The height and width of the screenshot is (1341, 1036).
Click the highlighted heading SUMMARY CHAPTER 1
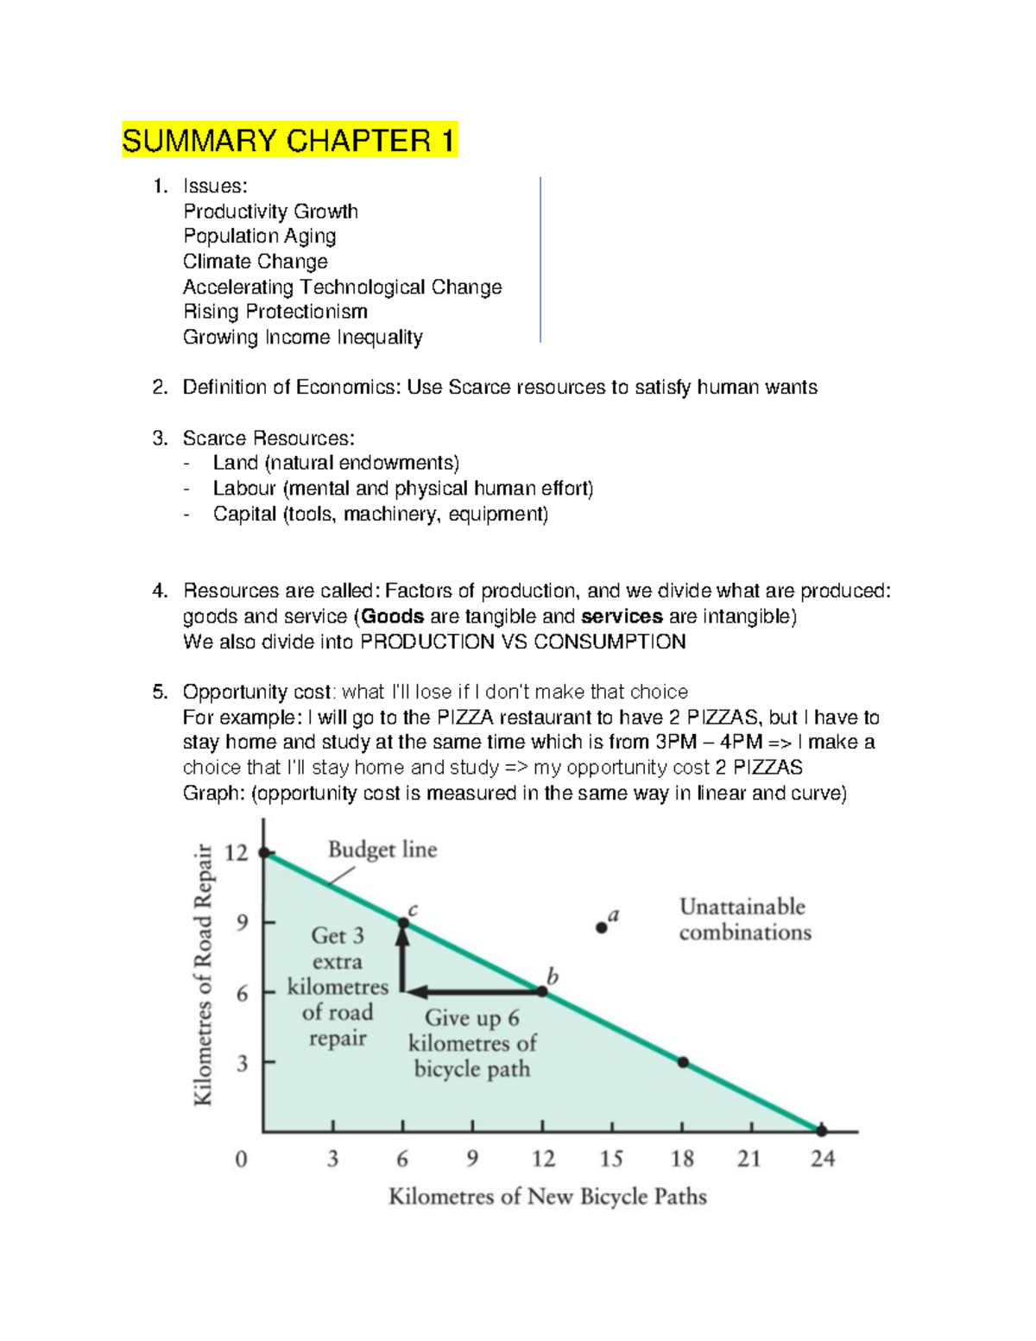click(x=289, y=141)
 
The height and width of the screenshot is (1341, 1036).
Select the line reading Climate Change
click(x=256, y=262)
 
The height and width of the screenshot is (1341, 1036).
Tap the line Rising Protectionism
click(x=275, y=312)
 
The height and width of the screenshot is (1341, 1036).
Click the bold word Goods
click(x=393, y=617)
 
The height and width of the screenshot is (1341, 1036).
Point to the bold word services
click(x=622, y=617)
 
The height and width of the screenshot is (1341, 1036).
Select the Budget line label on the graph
click(x=382, y=850)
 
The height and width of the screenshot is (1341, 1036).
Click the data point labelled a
click(x=602, y=927)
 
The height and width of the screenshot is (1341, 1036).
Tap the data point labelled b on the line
click(x=543, y=991)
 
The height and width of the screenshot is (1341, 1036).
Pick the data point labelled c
click(x=403, y=923)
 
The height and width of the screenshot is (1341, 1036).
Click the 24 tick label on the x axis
click(x=822, y=1159)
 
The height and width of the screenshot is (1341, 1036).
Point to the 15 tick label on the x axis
click(x=611, y=1159)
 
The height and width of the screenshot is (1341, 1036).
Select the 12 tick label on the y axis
click(x=237, y=853)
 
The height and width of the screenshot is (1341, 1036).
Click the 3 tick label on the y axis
click(x=243, y=1063)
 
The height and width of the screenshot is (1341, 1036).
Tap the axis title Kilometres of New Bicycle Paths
click(x=547, y=1197)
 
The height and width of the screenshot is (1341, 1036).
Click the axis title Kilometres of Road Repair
click(x=203, y=974)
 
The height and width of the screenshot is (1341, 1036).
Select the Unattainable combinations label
click(x=744, y=920)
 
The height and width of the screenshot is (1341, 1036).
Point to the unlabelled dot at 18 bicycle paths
click(x=683, y=1062)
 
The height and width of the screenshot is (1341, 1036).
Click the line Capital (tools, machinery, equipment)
click(x=381, y=515)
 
